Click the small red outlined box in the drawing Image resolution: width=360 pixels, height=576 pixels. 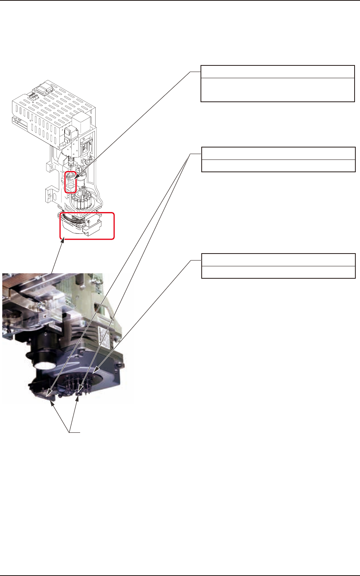tap(70, 182)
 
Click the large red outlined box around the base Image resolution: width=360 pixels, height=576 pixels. tap(87, 226)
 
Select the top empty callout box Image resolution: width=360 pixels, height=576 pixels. tap(278, 84)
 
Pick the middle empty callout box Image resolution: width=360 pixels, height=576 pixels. tap(278, 159)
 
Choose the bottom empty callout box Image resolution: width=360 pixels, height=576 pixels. tap(278, 266)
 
